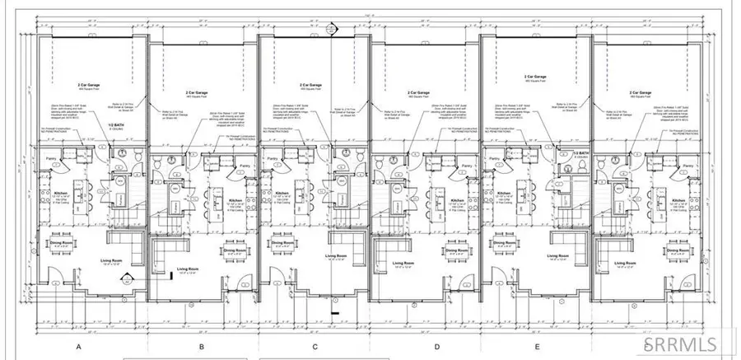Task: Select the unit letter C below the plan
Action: (x=314, y=347)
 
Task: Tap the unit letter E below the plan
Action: (x=536, y=347)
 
